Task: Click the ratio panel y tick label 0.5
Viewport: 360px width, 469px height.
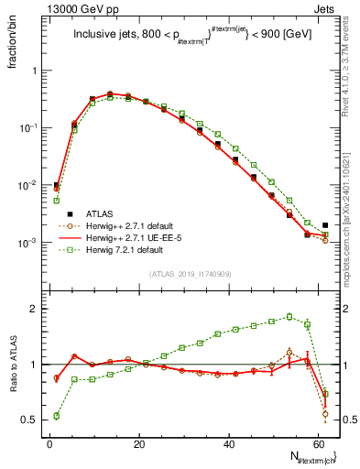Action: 30,420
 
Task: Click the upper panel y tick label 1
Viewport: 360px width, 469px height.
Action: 35,71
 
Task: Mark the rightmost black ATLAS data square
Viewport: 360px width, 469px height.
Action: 325,224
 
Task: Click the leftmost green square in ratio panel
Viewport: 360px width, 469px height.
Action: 57,416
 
